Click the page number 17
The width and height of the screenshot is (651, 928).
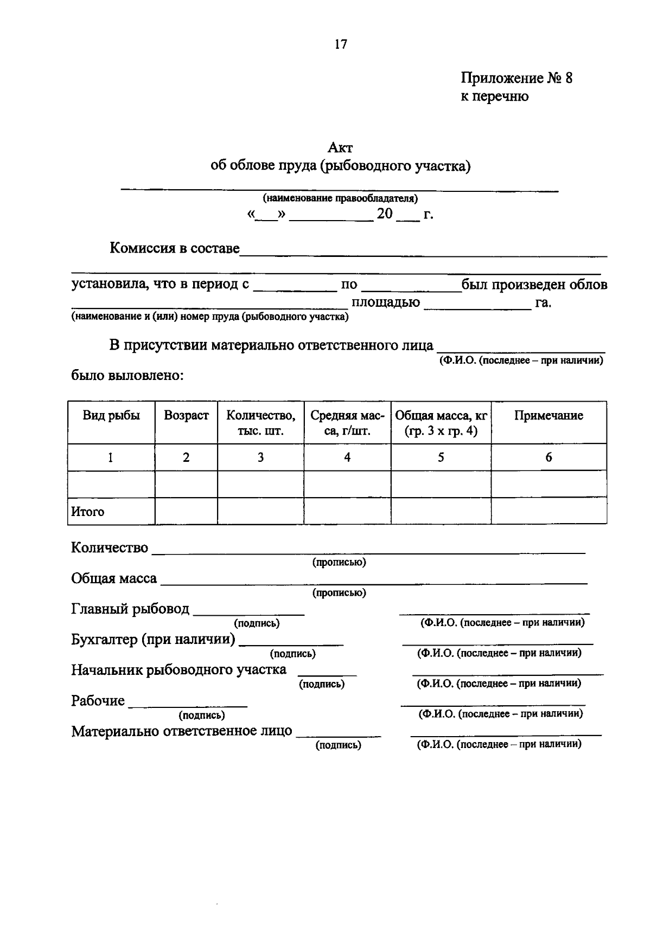tap(340, 44)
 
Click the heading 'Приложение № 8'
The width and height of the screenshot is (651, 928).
tap(516, 78)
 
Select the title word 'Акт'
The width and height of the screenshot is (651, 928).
tap(340, 147)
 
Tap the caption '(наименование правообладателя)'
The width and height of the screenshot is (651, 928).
tap(340, 198)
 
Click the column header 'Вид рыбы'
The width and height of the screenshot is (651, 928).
tap(111, 416)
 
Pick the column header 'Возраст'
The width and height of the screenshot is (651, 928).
tap(186, 416)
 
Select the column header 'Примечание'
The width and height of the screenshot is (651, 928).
tap(548, 416)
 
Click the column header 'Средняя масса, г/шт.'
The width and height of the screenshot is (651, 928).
tap(347, 423)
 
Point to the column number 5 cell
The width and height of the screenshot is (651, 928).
tap(441, 457)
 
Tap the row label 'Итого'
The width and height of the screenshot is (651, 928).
tap(88, 512)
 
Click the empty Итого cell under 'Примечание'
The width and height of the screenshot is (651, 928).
tap(548, 511)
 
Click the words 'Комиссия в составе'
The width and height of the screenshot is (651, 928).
tap(174, 248)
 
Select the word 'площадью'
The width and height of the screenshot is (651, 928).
tap(385, 302)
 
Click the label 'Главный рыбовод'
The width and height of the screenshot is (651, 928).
tap(130, 609)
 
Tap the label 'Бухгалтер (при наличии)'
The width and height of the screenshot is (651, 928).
tap(153, 640)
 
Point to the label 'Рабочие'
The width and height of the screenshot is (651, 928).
tap(98, 701)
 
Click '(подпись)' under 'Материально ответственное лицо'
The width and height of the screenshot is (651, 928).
tap(339, 745)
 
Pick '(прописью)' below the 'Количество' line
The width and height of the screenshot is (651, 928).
tap(339, 563)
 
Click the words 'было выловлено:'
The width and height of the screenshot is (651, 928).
tap(127, 375)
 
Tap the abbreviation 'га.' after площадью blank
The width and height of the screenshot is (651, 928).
tap(543, 302)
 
